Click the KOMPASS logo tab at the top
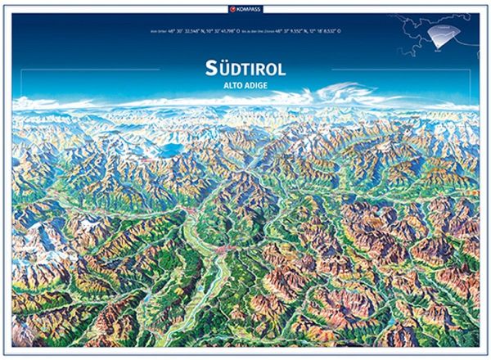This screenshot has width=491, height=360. [x=246, y=8]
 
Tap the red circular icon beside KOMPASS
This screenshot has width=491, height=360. [x=234, y=8]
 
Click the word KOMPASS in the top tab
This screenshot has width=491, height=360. [x=250, y=8]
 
